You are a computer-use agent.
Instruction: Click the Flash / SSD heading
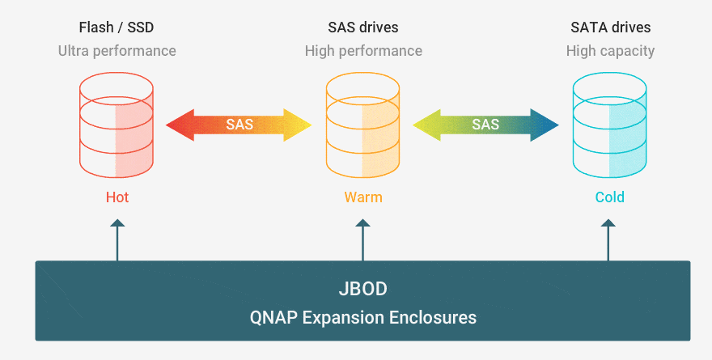(x=117, y=28)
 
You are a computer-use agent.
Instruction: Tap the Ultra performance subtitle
(x=117, y=51)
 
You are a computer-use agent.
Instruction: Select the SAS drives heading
(x=363, y=28)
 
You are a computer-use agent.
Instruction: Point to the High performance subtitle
(x=363, y=51)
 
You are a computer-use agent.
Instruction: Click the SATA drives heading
(x=610, y=28)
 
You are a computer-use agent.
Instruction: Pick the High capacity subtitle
(x=610, y=51)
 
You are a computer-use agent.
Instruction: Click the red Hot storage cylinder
(x=117, y=125)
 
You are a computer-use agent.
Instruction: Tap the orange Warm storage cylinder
(x=362, y=125)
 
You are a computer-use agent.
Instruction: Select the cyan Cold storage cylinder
(x=609, y=125)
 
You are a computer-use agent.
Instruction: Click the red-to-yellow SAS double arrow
(x=239, y=125)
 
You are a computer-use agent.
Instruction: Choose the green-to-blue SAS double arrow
(x=485, y=125)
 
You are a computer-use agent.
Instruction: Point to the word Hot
(x=117, y=197)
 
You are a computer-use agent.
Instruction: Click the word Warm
(x=363, y=197)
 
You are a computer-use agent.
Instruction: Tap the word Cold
(x=610, y=197)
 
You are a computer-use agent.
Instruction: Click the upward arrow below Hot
(x=117, y=240)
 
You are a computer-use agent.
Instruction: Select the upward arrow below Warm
(x=362, y=240)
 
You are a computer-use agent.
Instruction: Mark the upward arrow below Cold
(x=608, y=240)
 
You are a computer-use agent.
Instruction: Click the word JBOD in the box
(x=362, y=289)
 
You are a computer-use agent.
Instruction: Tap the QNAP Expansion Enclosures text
(x=362, y=317)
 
